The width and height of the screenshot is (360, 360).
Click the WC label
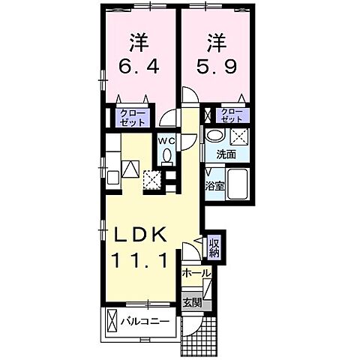[166, 139]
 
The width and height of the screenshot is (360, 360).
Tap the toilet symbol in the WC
[166, 156]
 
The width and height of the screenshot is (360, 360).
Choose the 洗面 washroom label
[226, 154]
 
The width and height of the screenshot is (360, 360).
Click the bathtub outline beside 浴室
[236, 184]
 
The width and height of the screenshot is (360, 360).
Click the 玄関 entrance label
[193, 303]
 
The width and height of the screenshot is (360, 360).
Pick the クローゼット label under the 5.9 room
[232, 115]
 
